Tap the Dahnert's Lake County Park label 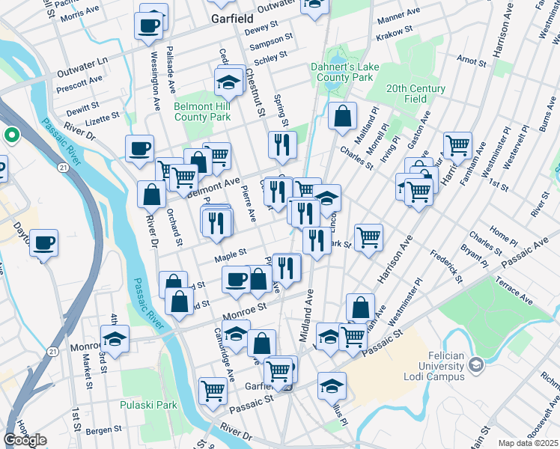click(x=344, y=72)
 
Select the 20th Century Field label click(x=416, y=94)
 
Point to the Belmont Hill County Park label click(x=202, y=112)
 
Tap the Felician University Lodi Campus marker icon click(x=474, y=364)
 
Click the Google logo click(x=25, y=440)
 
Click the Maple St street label click(x=231, y=257)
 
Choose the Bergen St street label click(x=103, y=430)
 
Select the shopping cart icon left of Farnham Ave click(x=457, y=144)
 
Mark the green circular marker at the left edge click(x=11, y=135)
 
